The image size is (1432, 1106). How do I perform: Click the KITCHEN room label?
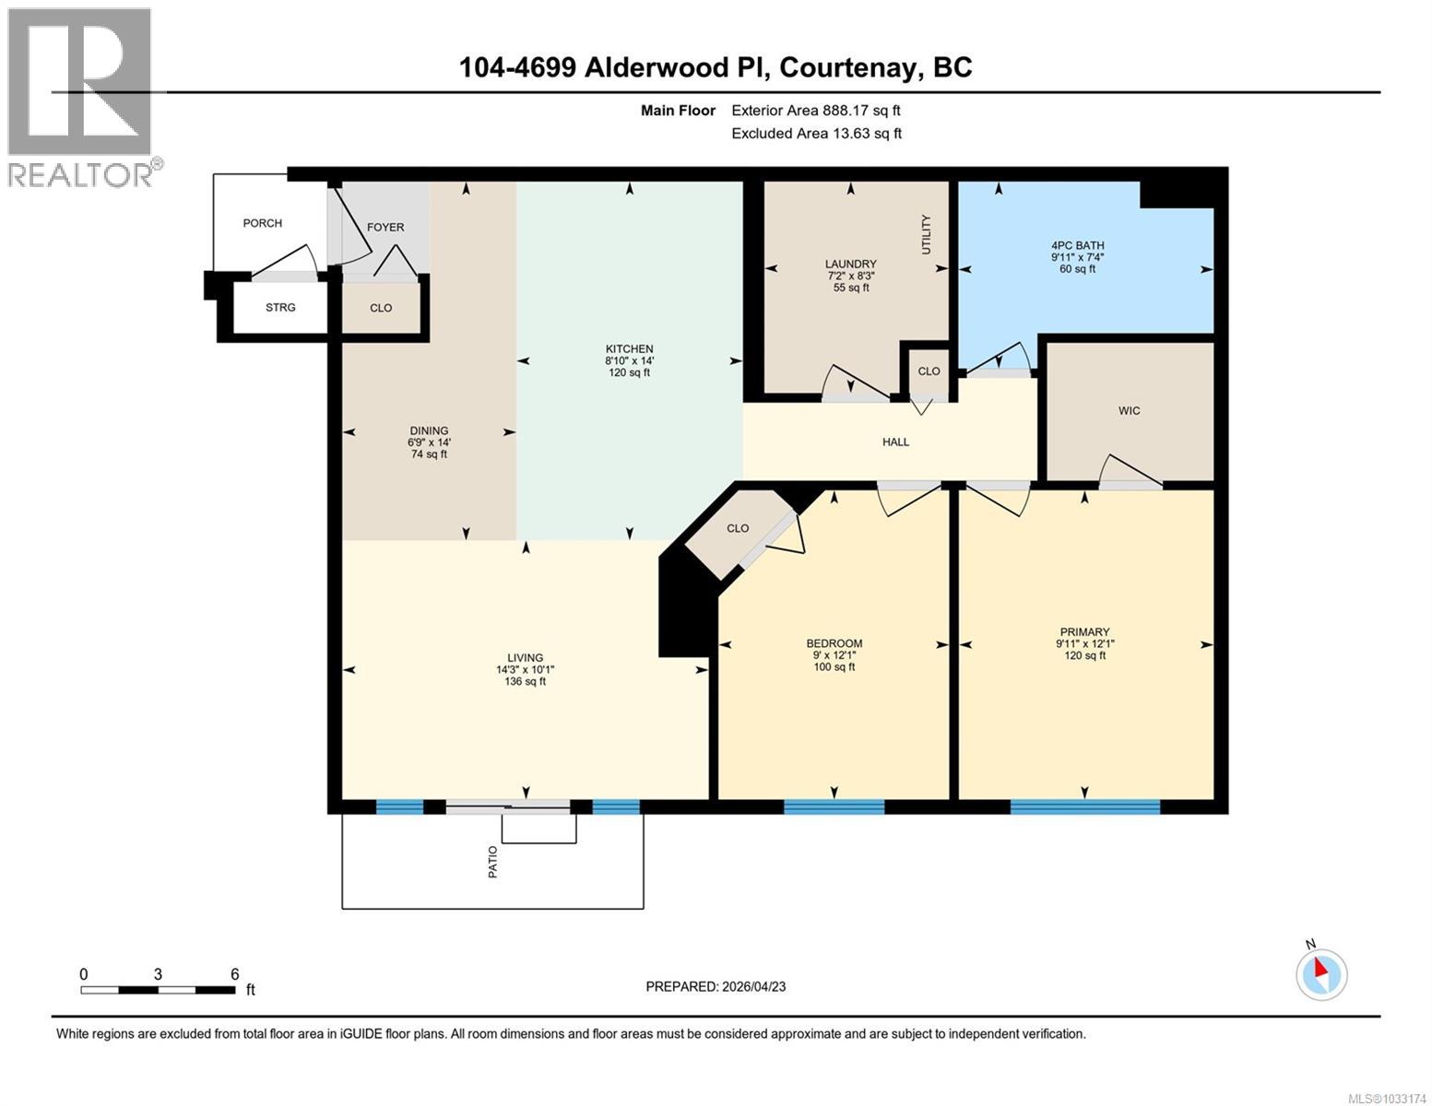coord(629,348)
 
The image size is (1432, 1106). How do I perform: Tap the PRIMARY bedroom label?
coord(1083,632)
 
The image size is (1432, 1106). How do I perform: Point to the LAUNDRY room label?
coord(850,264)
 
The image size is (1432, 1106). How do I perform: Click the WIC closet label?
coord(1129,410)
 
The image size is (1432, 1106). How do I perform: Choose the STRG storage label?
coord(280,307)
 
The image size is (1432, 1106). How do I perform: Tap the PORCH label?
coord(262,223)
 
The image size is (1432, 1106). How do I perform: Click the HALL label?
coord(895,441)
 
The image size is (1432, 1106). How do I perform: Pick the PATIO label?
coord(492,861)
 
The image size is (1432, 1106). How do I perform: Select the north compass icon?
coord(1321,973)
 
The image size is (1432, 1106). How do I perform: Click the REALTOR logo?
coord(81,97)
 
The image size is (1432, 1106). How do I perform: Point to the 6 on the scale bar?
coord(235,974)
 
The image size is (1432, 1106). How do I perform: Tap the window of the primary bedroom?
coord(1084,807)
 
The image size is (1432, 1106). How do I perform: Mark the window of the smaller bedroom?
coord(834,807)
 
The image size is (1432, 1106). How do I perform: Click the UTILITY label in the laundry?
coord(926,234)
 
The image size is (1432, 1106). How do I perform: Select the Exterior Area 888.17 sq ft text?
coord(815,111)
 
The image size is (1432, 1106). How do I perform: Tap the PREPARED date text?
coord(716,986)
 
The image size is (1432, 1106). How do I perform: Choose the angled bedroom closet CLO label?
coord(738,528)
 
